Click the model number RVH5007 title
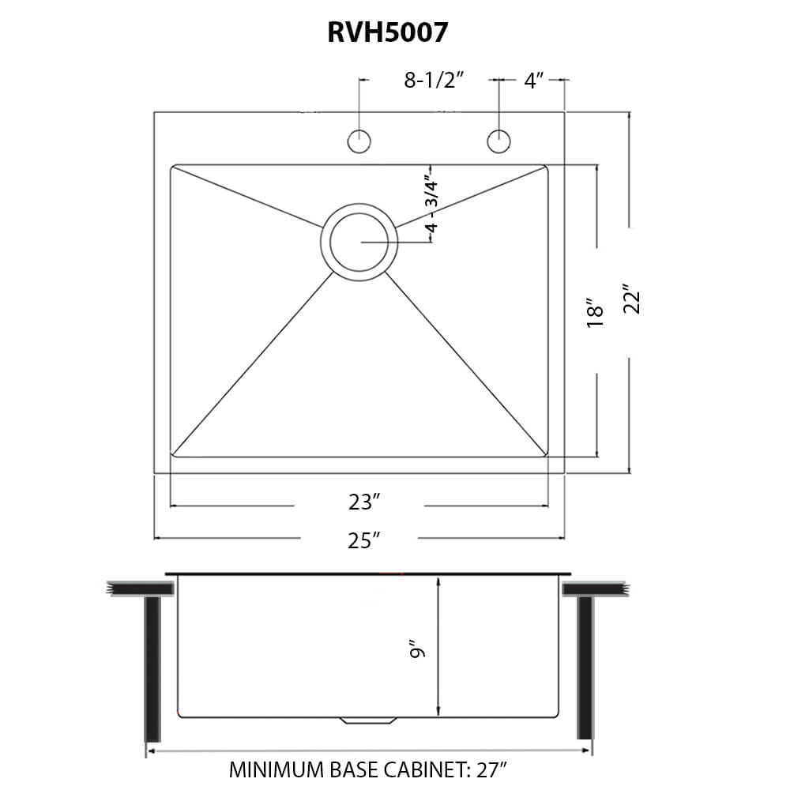pos(387,32)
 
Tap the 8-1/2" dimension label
pos(433,80)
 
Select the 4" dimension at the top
pos(534,80)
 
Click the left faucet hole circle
pos(359,141)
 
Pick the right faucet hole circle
pos(498,141)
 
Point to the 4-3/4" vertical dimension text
pos(431,203)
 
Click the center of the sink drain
pos(359,243)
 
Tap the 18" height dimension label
pos(595,310)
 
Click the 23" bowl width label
pos(363,502)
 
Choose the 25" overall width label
pos(363,540)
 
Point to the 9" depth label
pos(418,650)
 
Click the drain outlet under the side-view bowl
pos(368,720)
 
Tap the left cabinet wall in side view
pos(152,668)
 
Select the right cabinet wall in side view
pos(585,668)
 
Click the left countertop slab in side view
pos(140,589)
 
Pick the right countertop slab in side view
pos(596,589)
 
